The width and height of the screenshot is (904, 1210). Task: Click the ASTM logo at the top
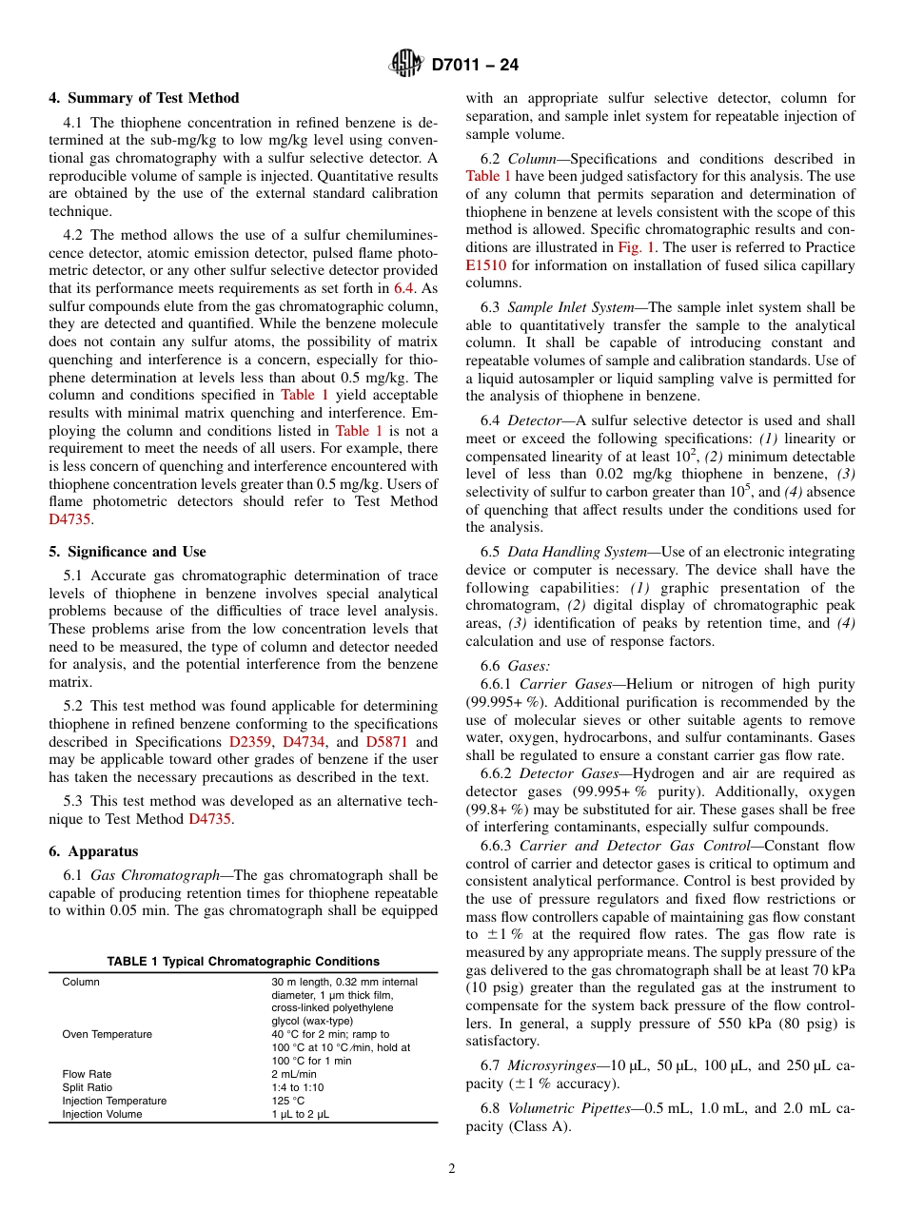point(406,65)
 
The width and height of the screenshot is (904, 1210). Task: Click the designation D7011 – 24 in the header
point(475,66)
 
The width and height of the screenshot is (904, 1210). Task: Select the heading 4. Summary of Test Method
point(144,98)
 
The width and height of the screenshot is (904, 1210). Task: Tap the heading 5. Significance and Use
point(127,552)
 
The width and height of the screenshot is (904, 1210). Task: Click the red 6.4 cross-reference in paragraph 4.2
point(403,287)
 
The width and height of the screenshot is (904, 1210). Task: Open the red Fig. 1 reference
point(635,247)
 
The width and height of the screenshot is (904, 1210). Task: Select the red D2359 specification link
point(248,742)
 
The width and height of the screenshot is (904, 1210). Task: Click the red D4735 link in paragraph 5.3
point(209,818)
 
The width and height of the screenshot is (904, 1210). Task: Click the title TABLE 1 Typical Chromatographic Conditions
point(243,962)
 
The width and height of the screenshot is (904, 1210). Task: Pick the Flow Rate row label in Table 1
point(87,1074)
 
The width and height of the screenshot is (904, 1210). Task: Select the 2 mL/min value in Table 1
point(294,1074)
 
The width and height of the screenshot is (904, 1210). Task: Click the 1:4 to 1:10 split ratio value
point(297,1087)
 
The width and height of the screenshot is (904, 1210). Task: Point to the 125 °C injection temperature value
point(286,1101)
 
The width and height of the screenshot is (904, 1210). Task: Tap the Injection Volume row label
point(101,1114)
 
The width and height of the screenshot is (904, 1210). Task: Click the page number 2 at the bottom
point(452,1169)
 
